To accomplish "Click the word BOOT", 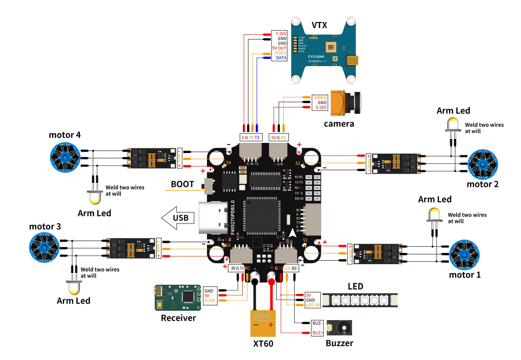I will pos(182,184).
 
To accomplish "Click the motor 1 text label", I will pos(465,275).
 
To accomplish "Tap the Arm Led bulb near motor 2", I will pos(452,124).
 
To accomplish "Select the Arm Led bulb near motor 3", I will pos(74,287).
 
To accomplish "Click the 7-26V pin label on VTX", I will pos(281,33).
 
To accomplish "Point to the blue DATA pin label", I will pos(281,58).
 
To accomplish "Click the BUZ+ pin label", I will pos(318,333).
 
